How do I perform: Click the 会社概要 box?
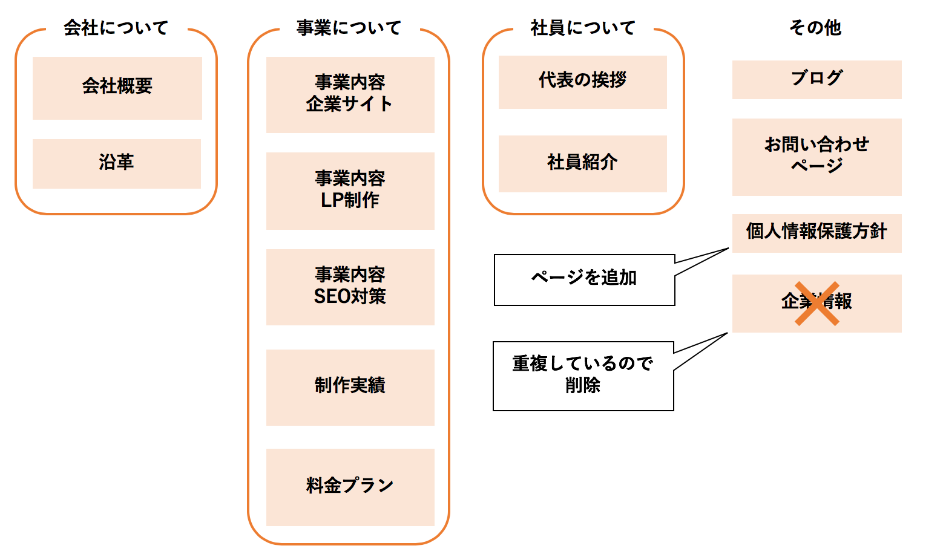pyautogui.click(x=117, y=88)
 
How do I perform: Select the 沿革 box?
pyautogui.click(x=116, y=163)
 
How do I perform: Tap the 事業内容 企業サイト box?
pyautogui.click(x=350, y=94)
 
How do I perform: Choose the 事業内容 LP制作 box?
pyautogui.click(x=350, y=190)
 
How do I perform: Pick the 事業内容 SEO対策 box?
pyautogui.click(x=350, y=287)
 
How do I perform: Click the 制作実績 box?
pyautogui.click(x=350, y=387)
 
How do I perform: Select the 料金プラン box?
pyautogui.click(x=350, y=487)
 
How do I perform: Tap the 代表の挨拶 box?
pyautogui.click(x=582, y=82)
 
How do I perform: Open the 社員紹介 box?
pyautogui.click(x=582, y=163)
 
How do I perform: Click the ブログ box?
pyautogui.click(x=816, y=79)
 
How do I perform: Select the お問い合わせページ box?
pyautogui.click(x=816, y=157)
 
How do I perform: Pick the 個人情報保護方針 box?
pyautogui.click(x=816, y=233)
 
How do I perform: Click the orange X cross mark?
pyautogui.click(x=816, y=303)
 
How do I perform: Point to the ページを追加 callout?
pyautogui.click(x=584, y=279)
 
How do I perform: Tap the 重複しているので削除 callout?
pyautogui.click(x=583, y=376)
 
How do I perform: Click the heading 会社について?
pyautogui.click(x=116, y=28)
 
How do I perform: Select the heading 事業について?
pyautogui.click(x=349, y=28)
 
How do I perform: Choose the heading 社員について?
pyautogui.click(x=583, y=28)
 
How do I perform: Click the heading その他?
pyautogui.click(x=815, y=28)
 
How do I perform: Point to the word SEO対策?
pyautogui.click(x=350, y=297)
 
